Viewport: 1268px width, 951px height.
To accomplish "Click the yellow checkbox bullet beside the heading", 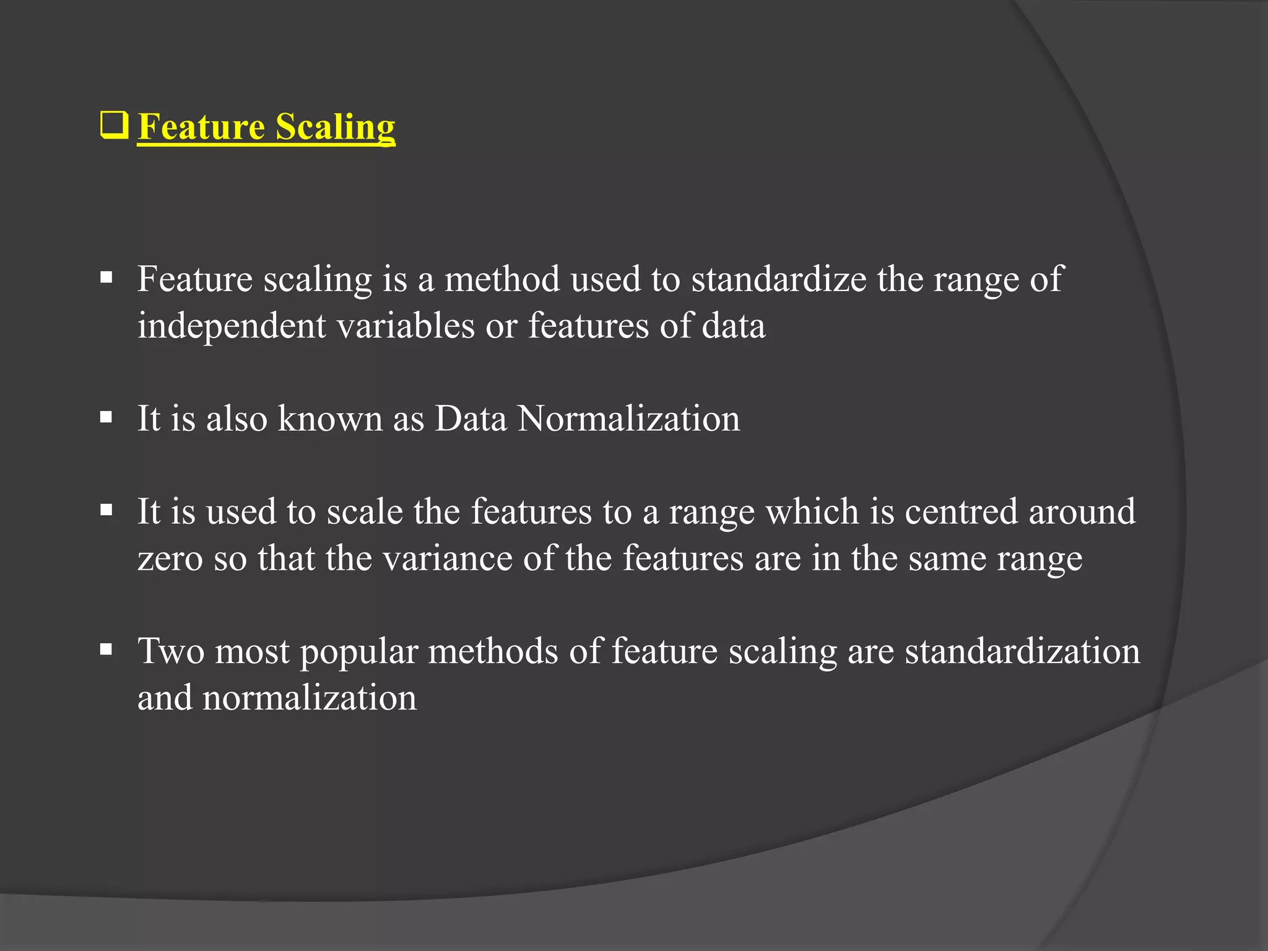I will [114, 126].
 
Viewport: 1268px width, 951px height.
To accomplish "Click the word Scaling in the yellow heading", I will [335, 127].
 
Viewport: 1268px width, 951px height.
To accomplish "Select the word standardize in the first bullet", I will [779, 279].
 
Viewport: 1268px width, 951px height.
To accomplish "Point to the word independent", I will [232, 326].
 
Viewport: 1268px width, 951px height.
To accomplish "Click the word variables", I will [406, 326].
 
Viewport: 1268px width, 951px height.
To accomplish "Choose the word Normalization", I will [628, 419].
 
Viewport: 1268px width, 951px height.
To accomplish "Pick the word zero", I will [170, 559].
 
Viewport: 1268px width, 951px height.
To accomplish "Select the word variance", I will [447, 559].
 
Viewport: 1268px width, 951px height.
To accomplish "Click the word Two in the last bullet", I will [170, 651].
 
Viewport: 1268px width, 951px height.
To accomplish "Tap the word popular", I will [359, 653].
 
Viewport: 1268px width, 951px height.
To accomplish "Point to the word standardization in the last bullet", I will [1022, 651].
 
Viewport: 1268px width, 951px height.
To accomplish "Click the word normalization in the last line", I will [309, 698].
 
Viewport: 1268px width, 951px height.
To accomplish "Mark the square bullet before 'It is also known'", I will [106, 417].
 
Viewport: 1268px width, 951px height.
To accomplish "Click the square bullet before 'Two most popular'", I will [106, 650].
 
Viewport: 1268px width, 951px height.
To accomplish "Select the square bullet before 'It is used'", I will [106, 511].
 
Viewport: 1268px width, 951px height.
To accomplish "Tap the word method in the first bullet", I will [502, 279].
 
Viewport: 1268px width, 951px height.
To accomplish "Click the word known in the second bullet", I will [330, 419].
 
